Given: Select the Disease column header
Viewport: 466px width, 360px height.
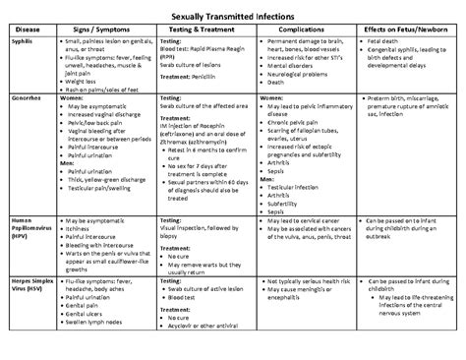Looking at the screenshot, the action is (x=27, y=30).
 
